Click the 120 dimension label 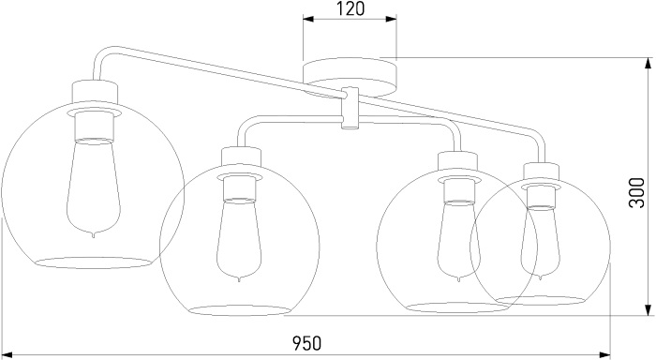(x=350, y=8)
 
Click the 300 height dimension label (x=637, y=192)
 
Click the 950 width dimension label (x=307, y=343)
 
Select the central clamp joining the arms (x=350, y=108)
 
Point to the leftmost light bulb (x=94, y=188)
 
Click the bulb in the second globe (x=239, y=240)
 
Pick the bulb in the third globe (x=457, y=242)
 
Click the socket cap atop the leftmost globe (x=95, y=92)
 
